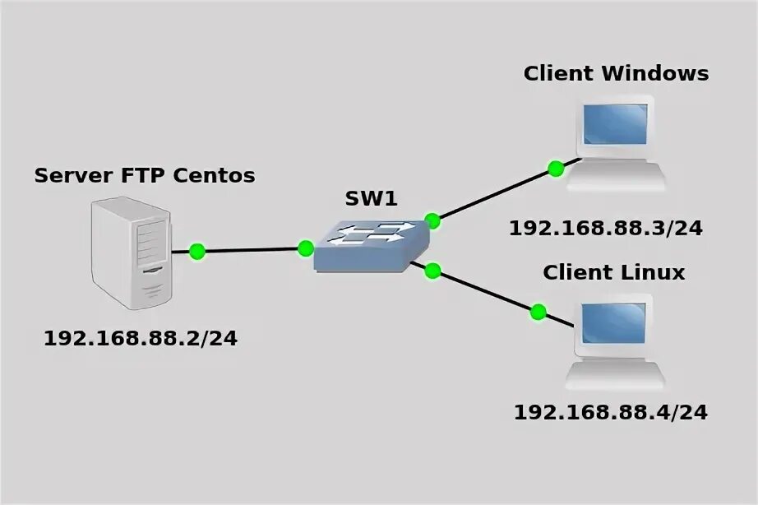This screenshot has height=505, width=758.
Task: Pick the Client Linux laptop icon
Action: pos(615,345)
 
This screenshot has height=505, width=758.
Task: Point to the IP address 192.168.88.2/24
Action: pos(141,338)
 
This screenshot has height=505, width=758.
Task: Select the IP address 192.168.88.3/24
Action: pos(606,228)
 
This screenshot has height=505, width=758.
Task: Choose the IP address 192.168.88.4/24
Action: pos(611,411)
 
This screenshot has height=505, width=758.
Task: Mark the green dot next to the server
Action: pos(196,251)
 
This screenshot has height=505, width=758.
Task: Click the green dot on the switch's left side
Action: pos(306,248)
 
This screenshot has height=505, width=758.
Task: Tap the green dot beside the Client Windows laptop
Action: pos(556,169)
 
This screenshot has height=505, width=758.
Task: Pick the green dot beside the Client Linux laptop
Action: pos(538,312)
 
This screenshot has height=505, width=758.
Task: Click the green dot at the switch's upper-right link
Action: pos(432,220)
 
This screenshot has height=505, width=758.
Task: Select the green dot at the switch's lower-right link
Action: pos(433,271)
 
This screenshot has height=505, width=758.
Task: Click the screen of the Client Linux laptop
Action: pos(613,325)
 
